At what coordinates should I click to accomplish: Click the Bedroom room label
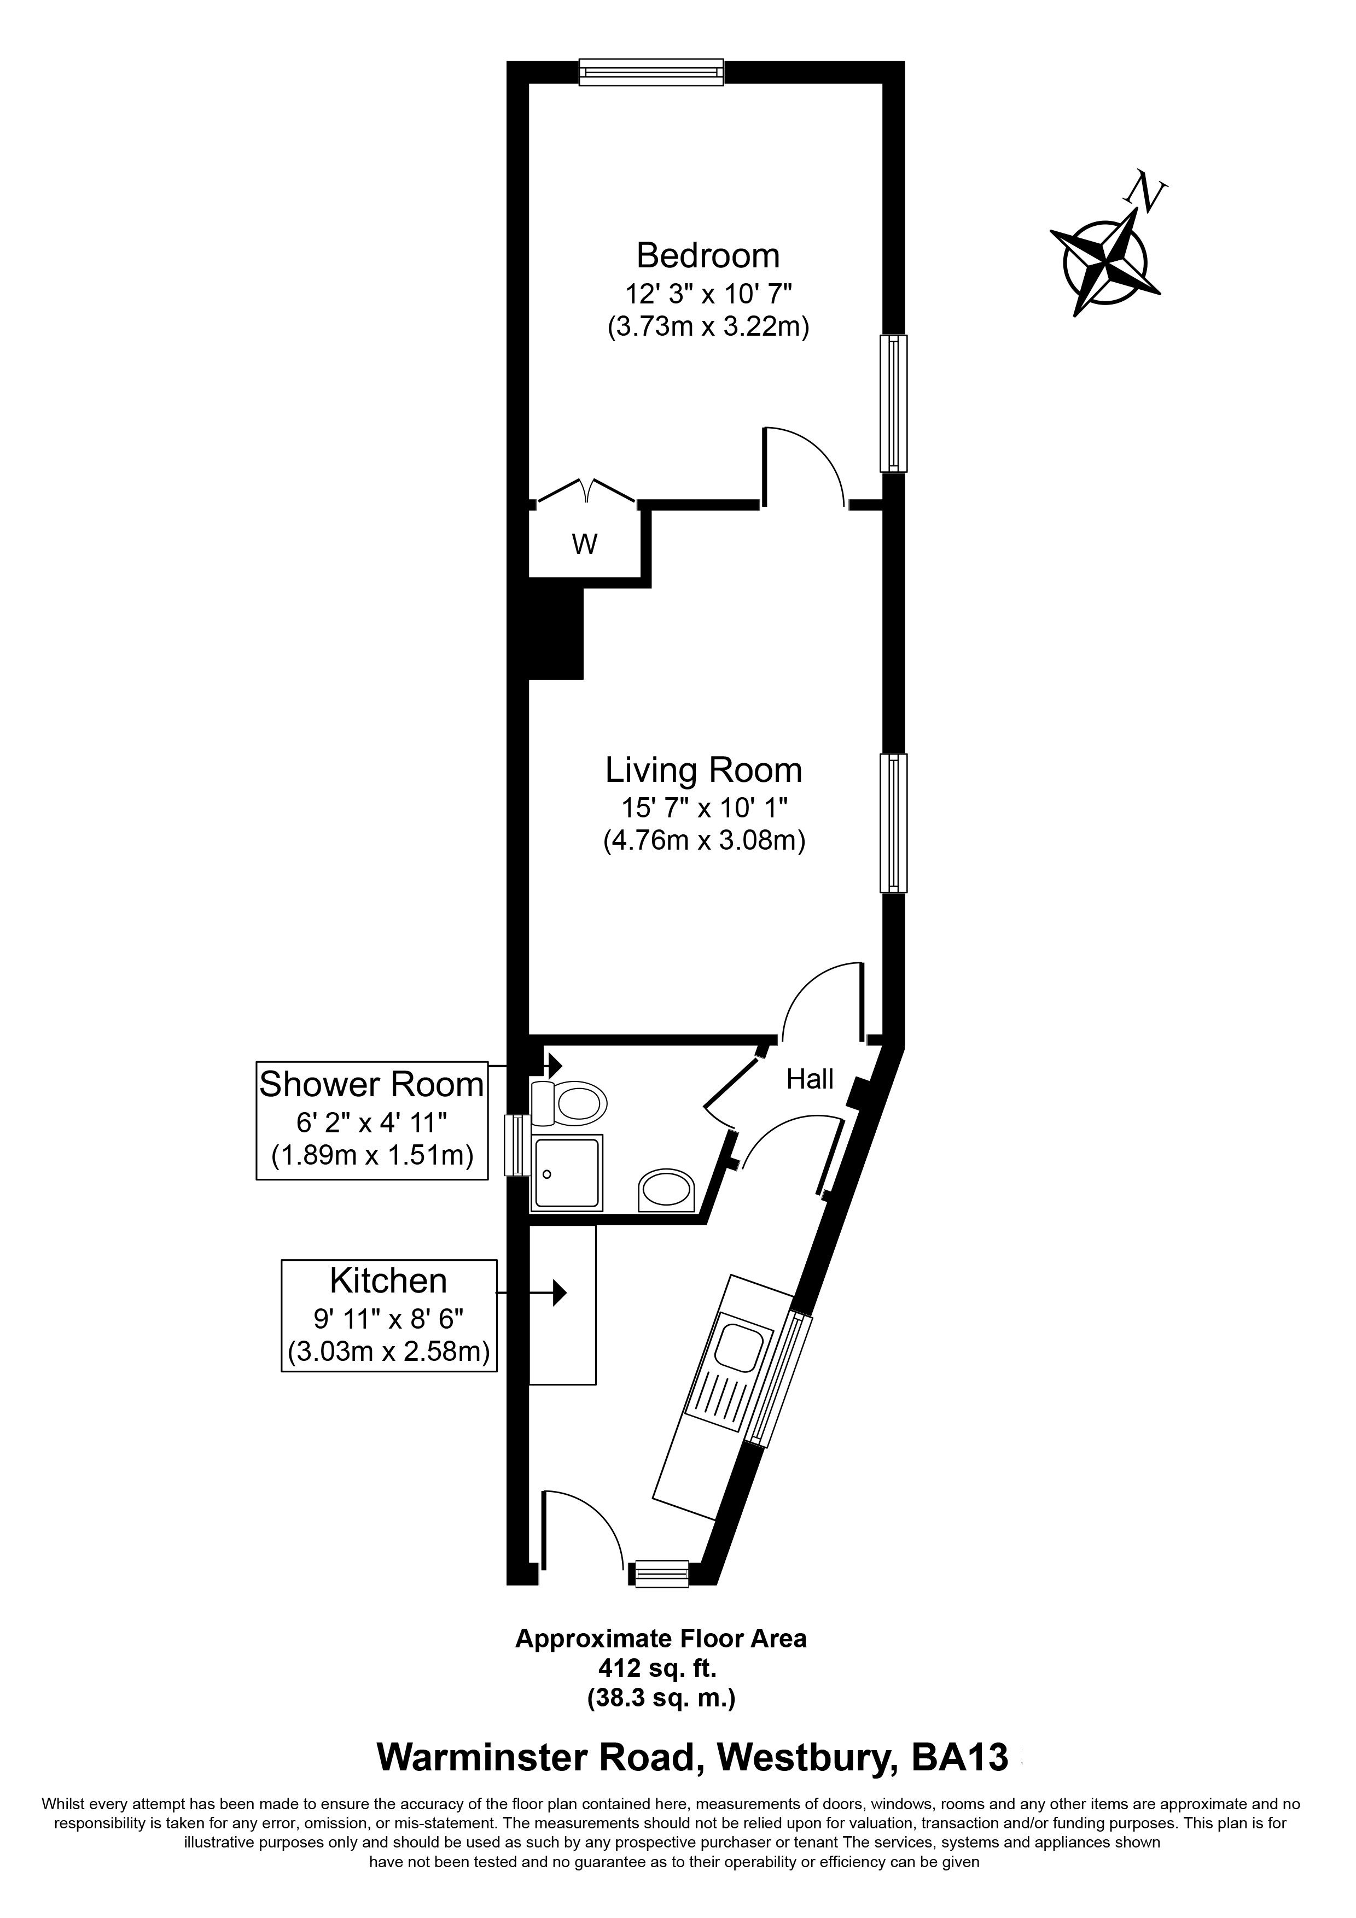click(708, 255)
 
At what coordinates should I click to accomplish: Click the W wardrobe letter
click(585, 545)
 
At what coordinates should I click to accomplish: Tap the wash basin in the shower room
click(667, 1190)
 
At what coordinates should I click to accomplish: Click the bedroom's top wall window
click(651, 72)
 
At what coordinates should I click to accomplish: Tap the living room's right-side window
click(893, 823)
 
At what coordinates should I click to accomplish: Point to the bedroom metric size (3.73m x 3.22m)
click(708, 326)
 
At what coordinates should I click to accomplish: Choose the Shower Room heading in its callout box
click(372, 1084)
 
